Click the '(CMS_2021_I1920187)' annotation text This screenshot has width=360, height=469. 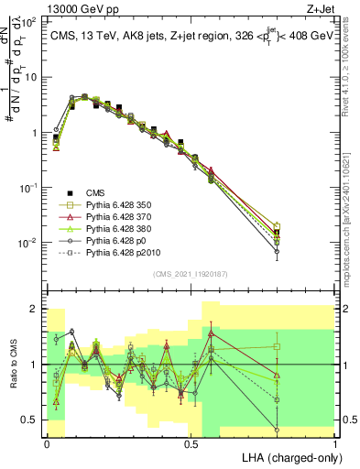[x=191, y=272]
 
